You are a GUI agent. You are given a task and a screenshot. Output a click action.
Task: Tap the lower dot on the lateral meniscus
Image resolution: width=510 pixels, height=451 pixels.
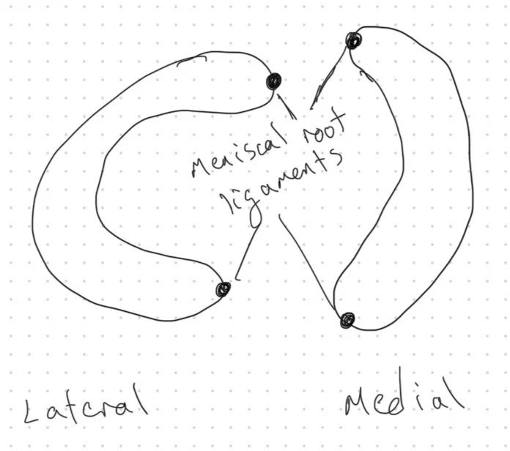(x=223, y=291)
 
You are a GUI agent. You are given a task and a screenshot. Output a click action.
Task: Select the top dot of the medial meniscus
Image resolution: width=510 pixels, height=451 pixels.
(x=353, y=40)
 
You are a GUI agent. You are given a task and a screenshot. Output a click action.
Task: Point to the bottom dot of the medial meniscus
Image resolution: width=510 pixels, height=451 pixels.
(x=347, y=319)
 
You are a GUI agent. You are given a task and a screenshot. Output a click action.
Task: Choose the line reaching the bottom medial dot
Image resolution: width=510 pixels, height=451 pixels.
(x=308, y=264)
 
